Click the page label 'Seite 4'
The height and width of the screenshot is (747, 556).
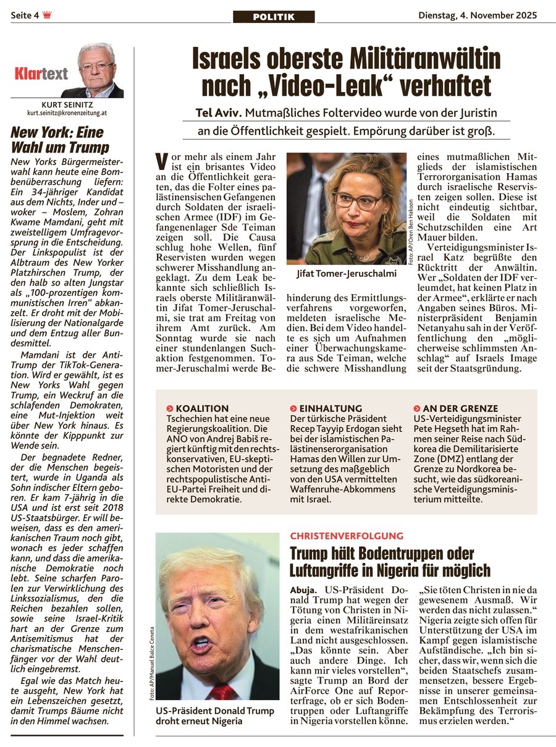[24, 15]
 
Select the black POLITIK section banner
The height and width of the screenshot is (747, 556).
[274, 17]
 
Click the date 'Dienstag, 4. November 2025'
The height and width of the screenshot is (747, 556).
[478, 15]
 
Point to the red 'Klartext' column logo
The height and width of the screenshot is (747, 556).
[41, 74]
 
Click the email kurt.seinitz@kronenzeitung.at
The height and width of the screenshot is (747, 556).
[67, 114]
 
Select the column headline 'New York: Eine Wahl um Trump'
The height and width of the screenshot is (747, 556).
[60, 140]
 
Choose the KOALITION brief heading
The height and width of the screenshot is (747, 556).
[201, 408]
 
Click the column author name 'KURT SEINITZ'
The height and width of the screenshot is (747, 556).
[67, 104]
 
